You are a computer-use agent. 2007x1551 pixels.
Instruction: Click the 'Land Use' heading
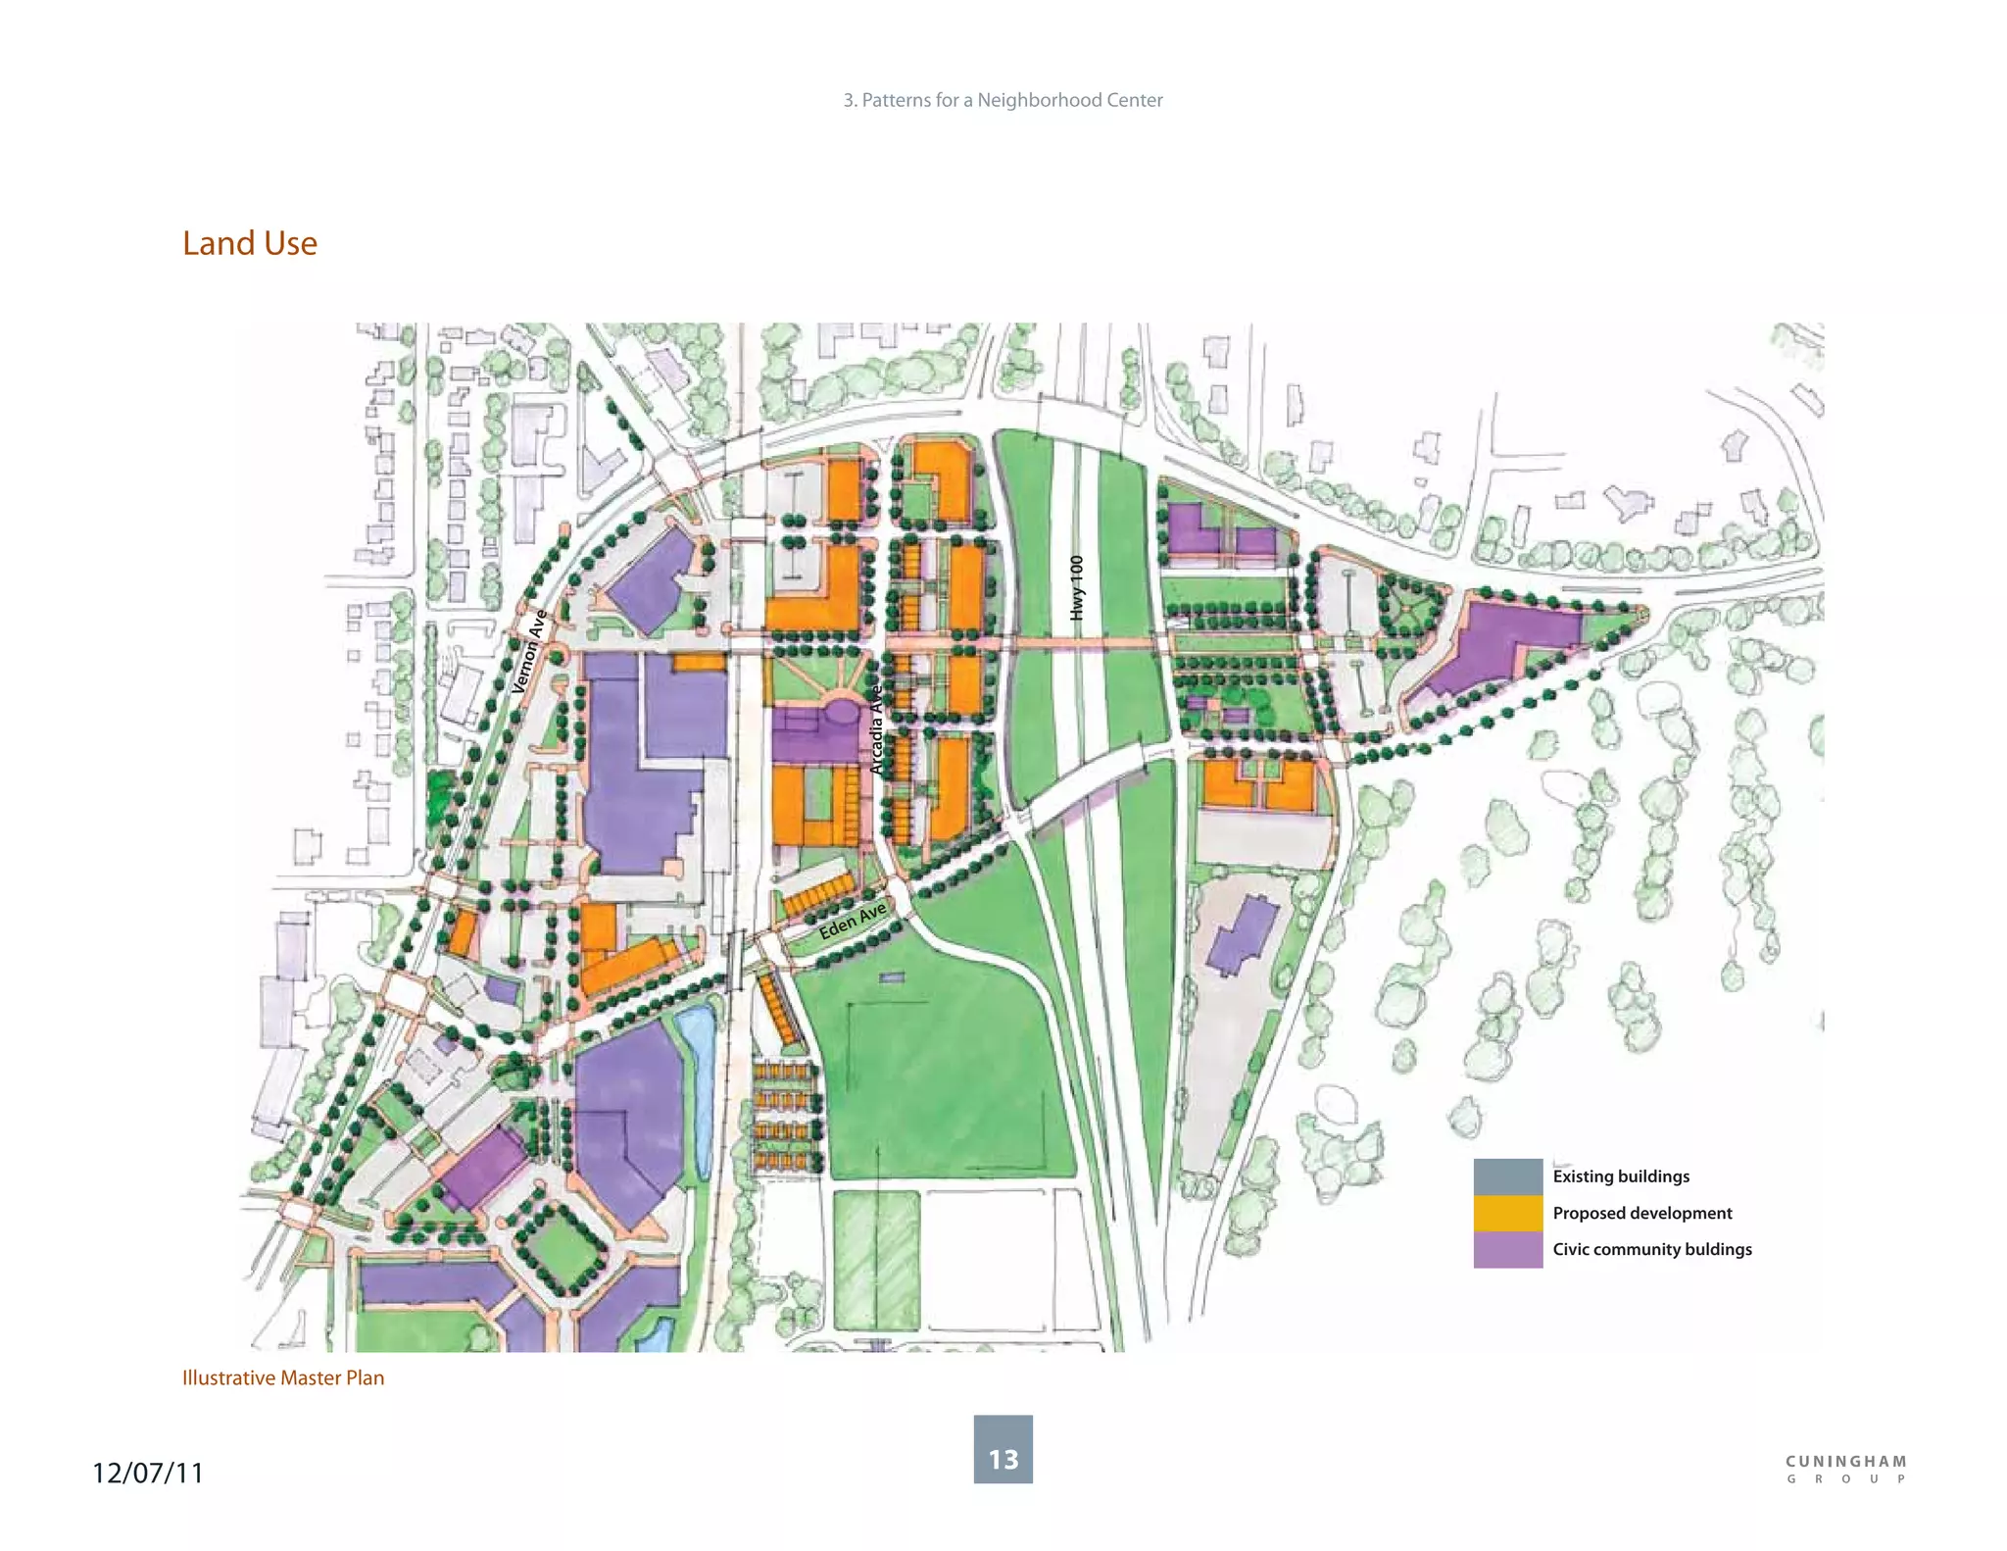250,243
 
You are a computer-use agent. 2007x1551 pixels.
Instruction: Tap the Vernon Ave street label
529,651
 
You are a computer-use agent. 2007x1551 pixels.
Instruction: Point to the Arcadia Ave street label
877,729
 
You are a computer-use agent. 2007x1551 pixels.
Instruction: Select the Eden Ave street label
853,921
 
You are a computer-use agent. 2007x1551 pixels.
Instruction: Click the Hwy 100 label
1077,587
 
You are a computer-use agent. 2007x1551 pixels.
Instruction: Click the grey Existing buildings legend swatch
1507,1176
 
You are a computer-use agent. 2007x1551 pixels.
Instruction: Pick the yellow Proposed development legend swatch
1507,1213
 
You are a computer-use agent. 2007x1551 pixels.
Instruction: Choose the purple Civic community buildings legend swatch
1507,1250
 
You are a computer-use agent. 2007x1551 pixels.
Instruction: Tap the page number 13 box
1003,1449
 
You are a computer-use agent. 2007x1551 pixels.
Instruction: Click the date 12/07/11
148,1473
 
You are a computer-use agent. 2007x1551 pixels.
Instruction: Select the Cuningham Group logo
1846,1469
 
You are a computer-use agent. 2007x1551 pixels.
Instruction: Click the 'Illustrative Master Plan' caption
283,1377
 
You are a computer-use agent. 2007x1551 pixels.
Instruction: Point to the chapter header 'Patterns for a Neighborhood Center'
1003,100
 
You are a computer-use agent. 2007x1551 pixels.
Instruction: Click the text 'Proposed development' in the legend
1641,1213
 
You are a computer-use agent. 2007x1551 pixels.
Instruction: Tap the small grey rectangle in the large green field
891,977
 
